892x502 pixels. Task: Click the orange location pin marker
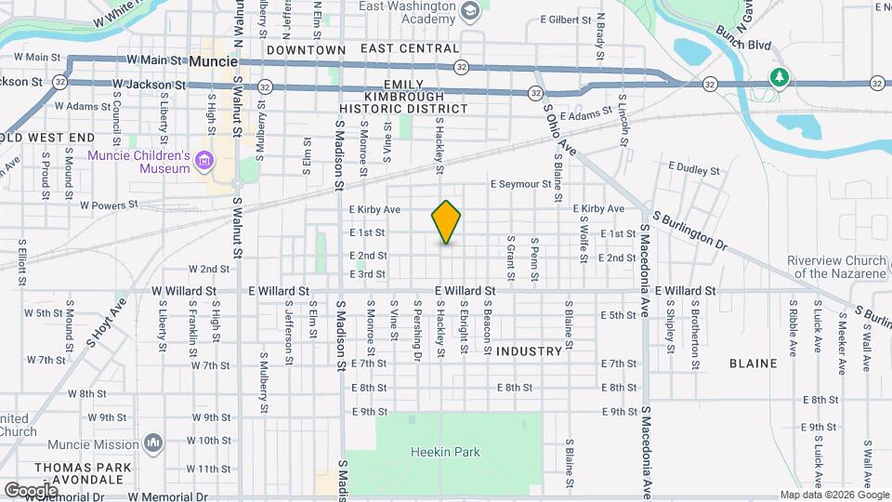point(447,221)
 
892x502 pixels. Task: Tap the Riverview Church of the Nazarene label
point(836,267)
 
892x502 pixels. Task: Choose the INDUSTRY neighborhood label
point(529,351)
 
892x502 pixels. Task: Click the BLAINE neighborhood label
point(753,363)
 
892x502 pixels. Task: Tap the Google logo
point(31,490)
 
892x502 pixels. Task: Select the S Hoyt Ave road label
point(106,322)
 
